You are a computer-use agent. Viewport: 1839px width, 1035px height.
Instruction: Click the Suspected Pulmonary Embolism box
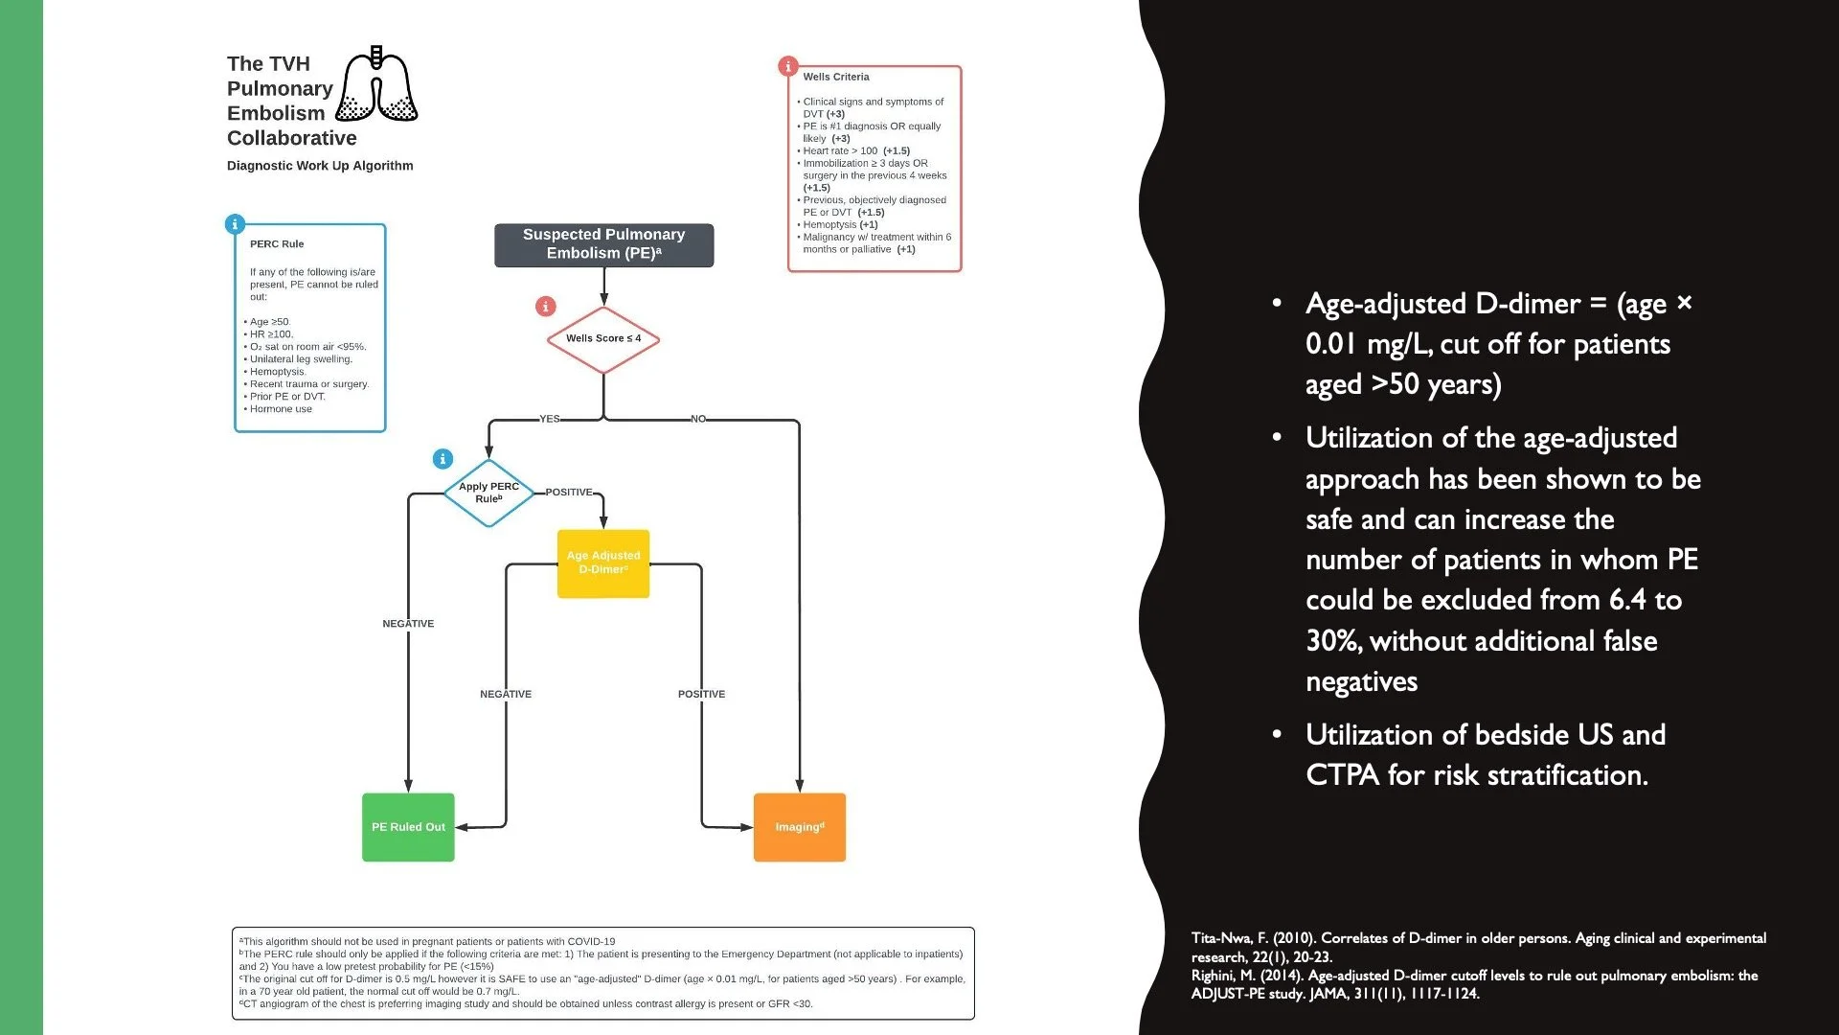click(x=603, y=244)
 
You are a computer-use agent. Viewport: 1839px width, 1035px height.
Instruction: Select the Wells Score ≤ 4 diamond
click(x=603, y=339)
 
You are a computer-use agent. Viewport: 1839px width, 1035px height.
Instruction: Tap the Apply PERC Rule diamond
click(x=488, y=493)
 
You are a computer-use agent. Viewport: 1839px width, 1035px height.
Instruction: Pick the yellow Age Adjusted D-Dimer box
click(x=603, y=563)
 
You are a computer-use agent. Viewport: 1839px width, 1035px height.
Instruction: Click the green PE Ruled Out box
click(x=408, y=827)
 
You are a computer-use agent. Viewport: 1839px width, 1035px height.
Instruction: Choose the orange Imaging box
click(x=799, y=827)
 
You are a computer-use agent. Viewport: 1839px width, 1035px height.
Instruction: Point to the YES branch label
click(x=549, y=419)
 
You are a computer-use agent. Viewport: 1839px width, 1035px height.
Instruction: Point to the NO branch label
click(x=698, y=419)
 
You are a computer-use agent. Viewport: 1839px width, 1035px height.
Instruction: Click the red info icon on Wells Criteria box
click(x=787, y=66)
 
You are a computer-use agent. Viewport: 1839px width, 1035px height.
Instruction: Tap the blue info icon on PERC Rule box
click(x=235, y=224)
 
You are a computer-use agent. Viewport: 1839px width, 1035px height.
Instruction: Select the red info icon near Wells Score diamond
click(x=546, y=307)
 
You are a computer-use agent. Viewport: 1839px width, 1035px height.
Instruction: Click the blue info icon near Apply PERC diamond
click(x=443, y=459)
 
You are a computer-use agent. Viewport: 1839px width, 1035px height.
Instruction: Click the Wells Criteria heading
click(x=836, y=77)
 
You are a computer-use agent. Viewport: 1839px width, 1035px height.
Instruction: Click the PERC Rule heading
click(x=277, y=244)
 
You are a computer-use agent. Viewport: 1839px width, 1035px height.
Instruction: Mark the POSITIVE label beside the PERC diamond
click(x=569, y=493)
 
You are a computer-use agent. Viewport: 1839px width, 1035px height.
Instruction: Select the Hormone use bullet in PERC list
click(x=281, y=409)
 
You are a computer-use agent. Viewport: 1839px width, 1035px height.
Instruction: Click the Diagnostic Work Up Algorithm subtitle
click(x=320, y=166)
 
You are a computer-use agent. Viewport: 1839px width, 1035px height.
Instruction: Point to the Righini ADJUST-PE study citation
click(x=1474, y=984)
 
